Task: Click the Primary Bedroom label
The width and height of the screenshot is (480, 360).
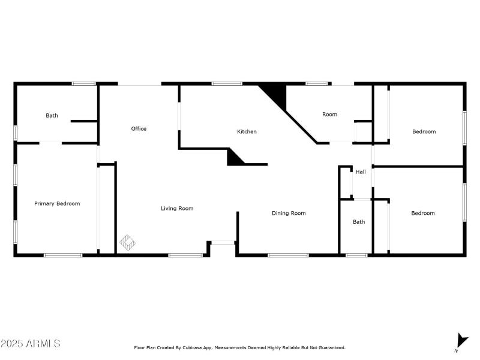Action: (57, 204)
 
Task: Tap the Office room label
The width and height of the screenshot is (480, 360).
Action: (139, 129)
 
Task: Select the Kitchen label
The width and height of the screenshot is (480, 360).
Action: (247, 131)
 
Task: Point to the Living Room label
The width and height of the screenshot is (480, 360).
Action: (177, 209)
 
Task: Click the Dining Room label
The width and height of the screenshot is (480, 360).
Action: (289, 213)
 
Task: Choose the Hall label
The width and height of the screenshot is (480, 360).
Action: (361, 172)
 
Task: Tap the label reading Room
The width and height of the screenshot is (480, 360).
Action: (329, 115)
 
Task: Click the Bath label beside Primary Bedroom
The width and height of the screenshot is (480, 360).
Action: (52, 116)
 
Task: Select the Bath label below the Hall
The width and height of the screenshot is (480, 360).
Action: (359, 222)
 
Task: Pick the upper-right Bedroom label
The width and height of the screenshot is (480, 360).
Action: (424, 131)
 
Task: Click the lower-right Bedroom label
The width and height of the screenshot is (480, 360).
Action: (423, 213)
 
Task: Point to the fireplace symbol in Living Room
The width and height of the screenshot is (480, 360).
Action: (127, 242)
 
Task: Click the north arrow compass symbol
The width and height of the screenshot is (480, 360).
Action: (461, 340)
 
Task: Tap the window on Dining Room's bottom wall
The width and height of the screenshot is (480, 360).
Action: (288, 256)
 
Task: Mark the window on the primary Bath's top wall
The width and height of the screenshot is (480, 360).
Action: (84, 83)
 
